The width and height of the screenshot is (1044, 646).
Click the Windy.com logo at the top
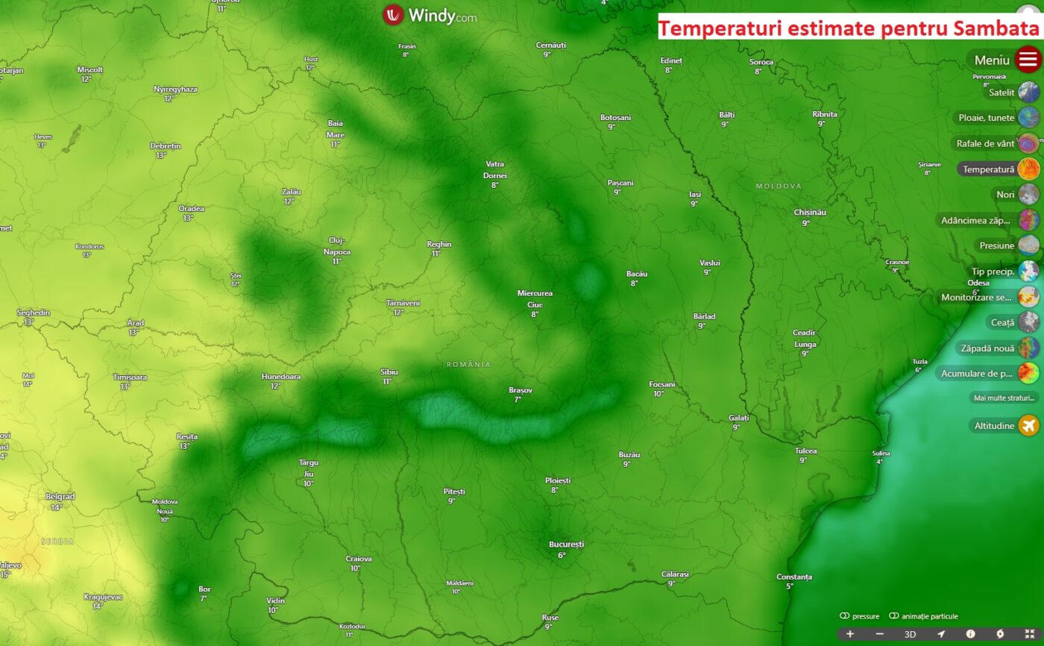pyautogui.click(x=430, y=15)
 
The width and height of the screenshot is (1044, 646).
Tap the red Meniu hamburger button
pyautogui.click(x=1028, y=59)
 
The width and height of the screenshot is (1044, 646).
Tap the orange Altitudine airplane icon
pyautogui.click(x=1028, y=426)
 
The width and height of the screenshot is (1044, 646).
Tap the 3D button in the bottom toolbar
pyautogui.click(x=910, y=634)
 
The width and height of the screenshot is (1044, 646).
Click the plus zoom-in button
pyautogui.click(x=850, y=634)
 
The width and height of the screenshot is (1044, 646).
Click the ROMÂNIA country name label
pyautogui.click(x=469, y=364)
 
